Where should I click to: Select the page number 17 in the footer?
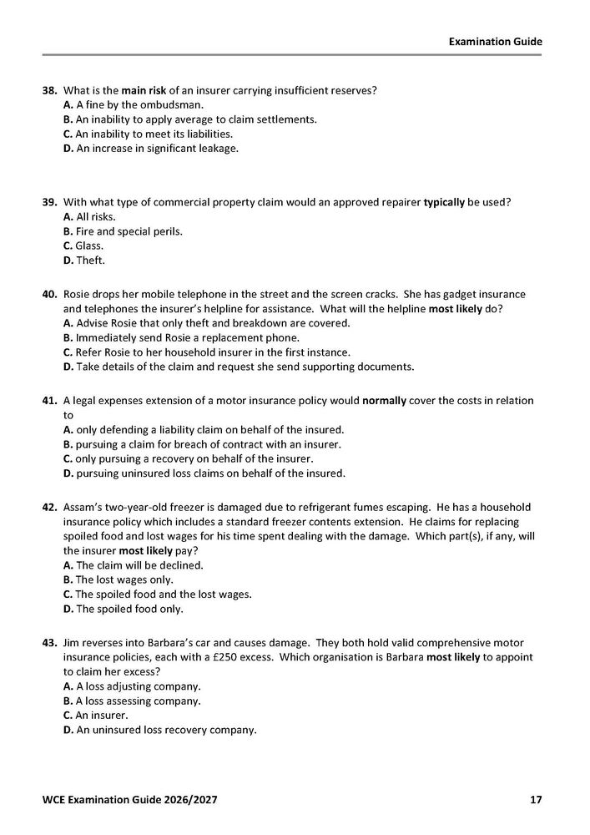tap(536, 800)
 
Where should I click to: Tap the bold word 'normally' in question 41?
tap(384, 401)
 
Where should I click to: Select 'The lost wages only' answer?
tap(124, 579)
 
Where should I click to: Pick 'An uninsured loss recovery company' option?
tap(164, 730)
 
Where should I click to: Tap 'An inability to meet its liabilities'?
tap(147, 134)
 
